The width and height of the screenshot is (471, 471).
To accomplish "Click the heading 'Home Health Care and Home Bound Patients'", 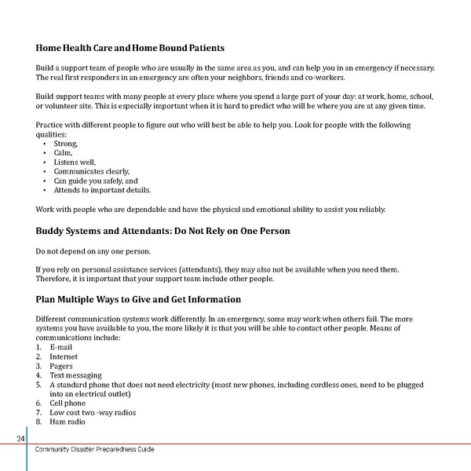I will [130, 49].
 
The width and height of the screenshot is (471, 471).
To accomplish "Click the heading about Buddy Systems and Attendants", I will [162, 232].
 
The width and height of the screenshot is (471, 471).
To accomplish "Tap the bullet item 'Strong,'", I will [65, 144].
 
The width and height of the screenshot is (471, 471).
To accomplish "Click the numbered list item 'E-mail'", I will [60, 347].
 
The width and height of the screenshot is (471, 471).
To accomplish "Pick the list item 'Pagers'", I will [61, 366].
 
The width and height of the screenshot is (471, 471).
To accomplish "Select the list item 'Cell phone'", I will [68, 403].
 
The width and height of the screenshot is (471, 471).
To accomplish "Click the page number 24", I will [21, 438].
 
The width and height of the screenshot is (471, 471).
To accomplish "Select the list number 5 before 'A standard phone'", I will [39, 385].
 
